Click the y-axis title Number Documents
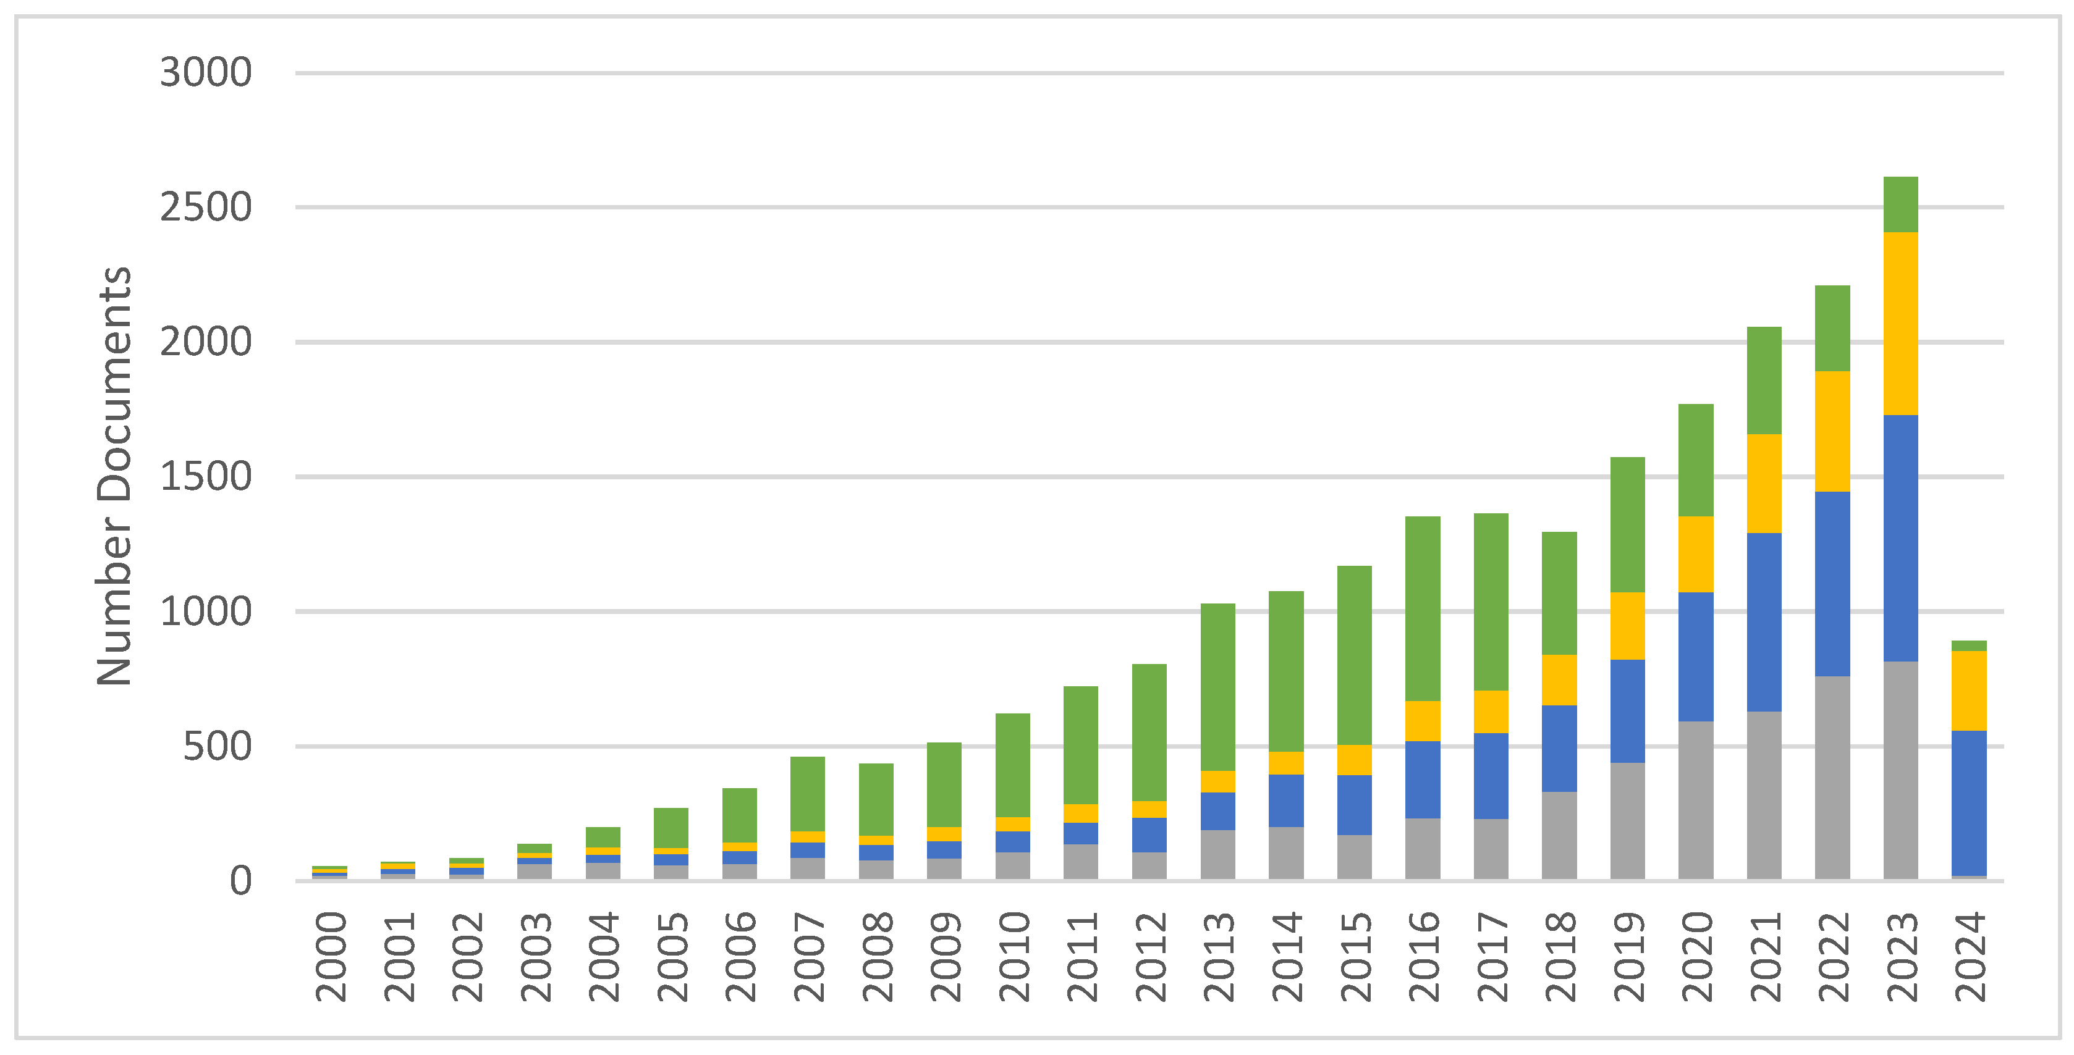tap(114, 476)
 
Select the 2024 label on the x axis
tap(1970, 956)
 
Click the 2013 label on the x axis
tap(1217, 956)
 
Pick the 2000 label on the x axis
tap(329, 956)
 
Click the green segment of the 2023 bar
tap(1900, 204)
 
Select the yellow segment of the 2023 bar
tap(1900, 324)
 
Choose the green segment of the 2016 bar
tap(1422, 608)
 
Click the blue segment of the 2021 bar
tap(1763, 621)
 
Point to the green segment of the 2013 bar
tap(1217, 686)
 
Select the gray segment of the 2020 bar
tap(1696, 800)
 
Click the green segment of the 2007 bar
tap(808, 794)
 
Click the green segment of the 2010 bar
tap(1012, 765)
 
